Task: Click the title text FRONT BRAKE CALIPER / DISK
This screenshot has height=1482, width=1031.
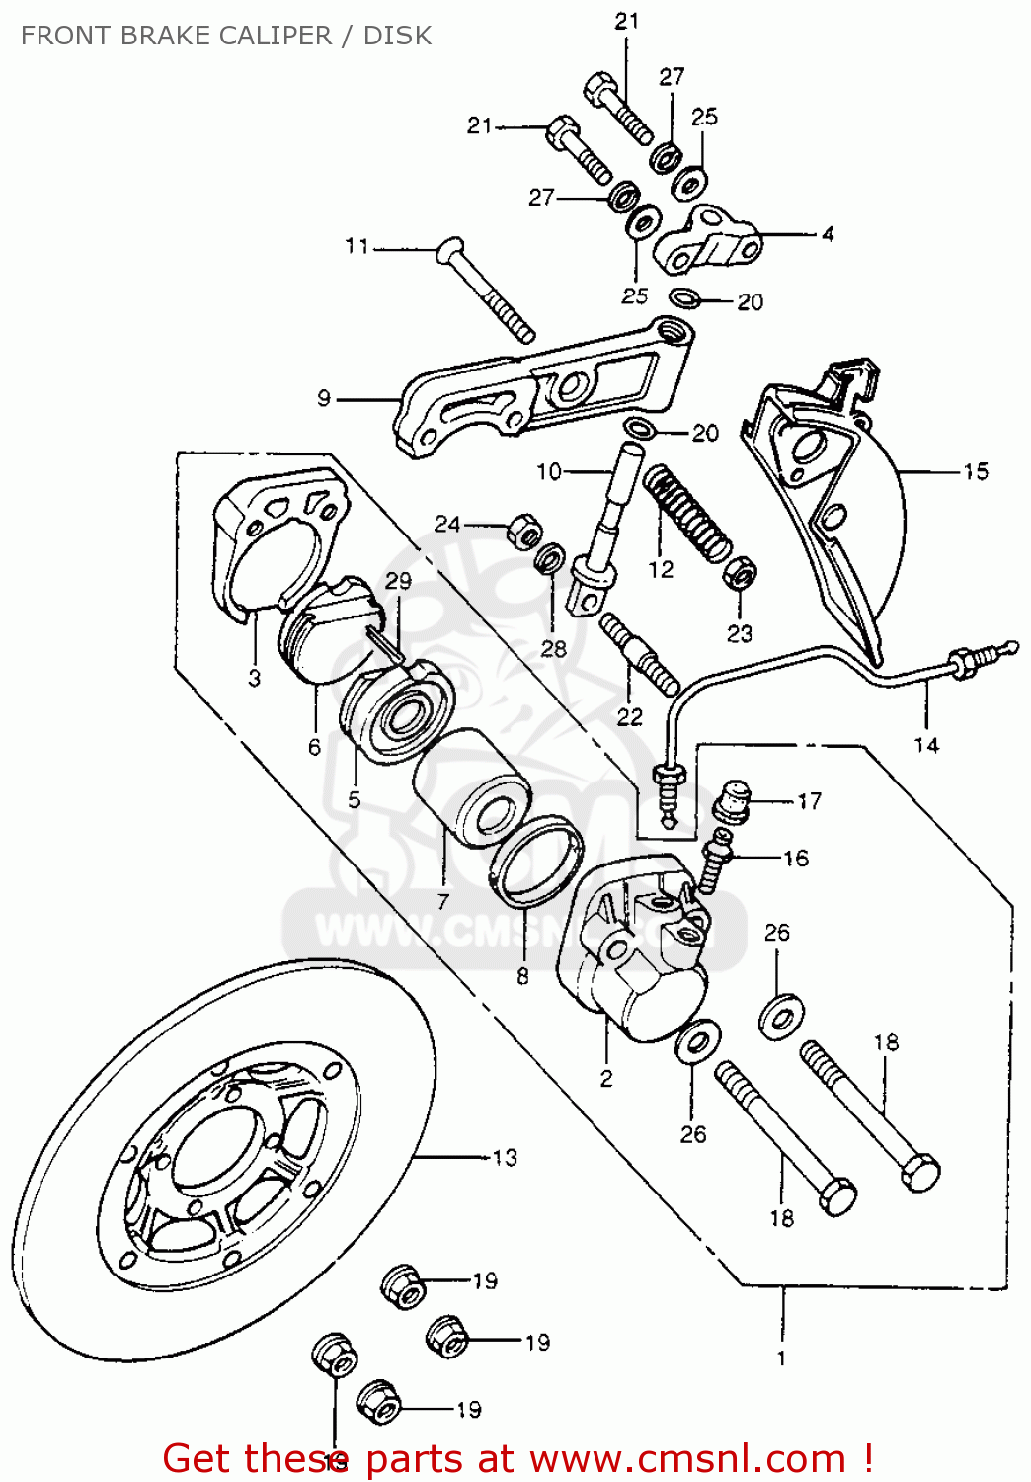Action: pyautogui.click(x=226, y=36)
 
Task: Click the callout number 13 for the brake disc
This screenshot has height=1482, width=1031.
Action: pyautogui.click(x=504, y=1157)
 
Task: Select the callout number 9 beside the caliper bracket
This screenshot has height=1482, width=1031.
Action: pyautogui.click(x=324, y=399)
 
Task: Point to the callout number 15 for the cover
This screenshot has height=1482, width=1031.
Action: pyautogui.click(x=975, y=471)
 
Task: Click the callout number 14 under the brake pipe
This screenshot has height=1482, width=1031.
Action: pyautogui.click(x=925, y=745)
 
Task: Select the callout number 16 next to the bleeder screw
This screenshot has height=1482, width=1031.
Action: pyautogui.click(x=796, y=858)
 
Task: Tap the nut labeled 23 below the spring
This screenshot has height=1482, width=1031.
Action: pyautogui.click(x=740, y=573)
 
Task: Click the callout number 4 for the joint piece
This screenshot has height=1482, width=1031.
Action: pyautogui.click(x=827, y=234)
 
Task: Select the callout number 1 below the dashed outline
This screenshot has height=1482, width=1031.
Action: pyautogui.click(x=781, y=1358)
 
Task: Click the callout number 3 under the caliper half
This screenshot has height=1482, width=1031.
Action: pyautogui.click(x=255, y=678)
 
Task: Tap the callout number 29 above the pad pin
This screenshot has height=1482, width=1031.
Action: pyautogui.click(x=398, y=581)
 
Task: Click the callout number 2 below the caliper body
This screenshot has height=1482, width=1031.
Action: pyautogui.click(x=606, y=1078)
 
